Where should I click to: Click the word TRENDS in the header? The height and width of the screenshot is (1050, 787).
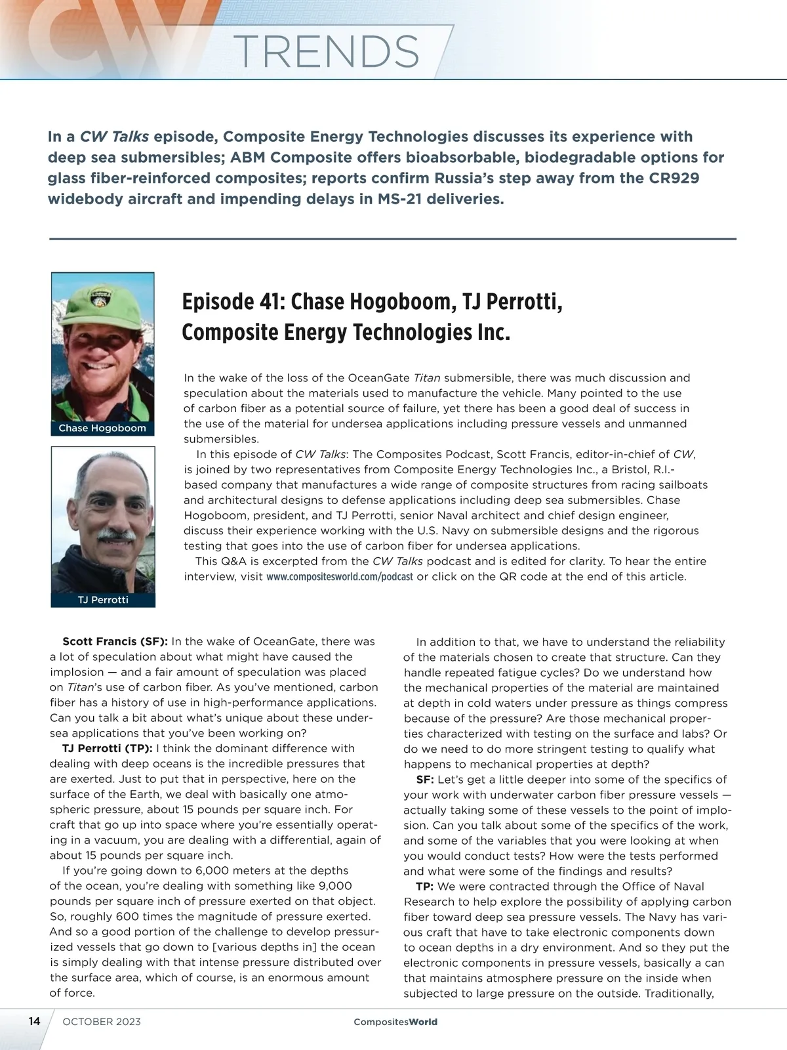[x=326, y=51]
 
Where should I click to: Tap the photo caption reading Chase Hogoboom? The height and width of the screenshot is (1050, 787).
[x=102, y=429]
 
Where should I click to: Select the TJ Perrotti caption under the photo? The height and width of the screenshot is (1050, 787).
[x=103, y=600]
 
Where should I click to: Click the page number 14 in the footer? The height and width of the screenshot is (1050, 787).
[x=34, y=1022]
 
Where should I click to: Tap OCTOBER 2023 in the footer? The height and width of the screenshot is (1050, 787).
[x=102, y=1022]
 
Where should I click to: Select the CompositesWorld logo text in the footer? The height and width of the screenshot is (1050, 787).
[x=395, y=1022]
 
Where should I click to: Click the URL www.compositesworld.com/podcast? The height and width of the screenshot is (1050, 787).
[x=340, y=577]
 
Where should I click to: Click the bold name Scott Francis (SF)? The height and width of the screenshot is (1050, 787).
[x=115, y=641]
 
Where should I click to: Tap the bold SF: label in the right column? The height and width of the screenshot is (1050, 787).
[x=425, y=780]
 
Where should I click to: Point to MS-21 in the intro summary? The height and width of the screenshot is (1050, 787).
[x=390, y=199]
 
